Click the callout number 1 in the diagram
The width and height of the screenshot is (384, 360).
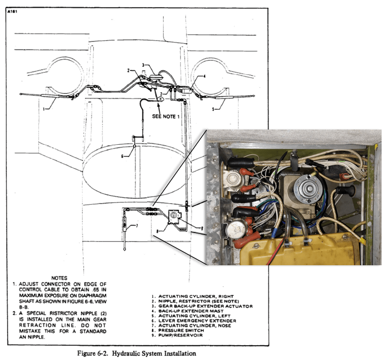tap(43, 108)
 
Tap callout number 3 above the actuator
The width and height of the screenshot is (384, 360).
tap(143, 64)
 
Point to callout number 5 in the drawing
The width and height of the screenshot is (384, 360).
tap(214, 108)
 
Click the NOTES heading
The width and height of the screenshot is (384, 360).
tap(61, 277)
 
